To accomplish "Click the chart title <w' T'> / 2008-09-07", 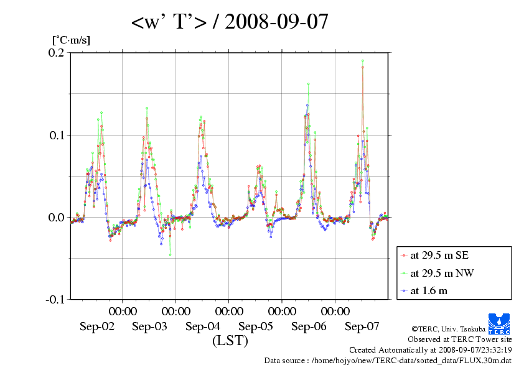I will click(x=230, y=22).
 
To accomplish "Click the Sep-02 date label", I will click(x=97, y=326).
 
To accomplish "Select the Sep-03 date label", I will click(x=150, y=326).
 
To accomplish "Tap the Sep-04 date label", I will click(x=203, y=326).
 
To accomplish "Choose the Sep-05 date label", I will click(x=256, y=326).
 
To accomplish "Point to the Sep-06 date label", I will click(x=309, y=326).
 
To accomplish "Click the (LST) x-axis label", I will click(x=230, y=341).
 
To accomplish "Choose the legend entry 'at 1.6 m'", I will click(x=429, y=290).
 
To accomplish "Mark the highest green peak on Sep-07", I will click(x=362, y=61).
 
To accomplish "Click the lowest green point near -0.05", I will click(x=170, y=255).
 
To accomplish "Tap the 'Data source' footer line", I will click(x=388, y=360).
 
